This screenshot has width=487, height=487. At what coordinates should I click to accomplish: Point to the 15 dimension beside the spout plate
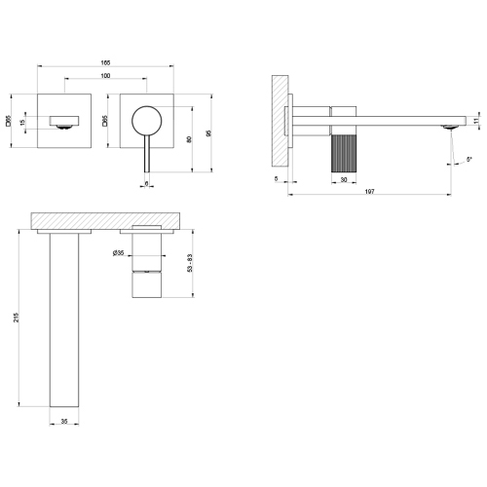pos(21,123)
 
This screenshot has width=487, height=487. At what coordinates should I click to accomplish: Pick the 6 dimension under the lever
pos(147,181)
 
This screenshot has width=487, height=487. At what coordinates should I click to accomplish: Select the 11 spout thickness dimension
pos(477,121)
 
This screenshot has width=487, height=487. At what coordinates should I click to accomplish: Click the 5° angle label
pos(469,159)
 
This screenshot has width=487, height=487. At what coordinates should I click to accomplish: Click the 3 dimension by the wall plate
pos(278,179)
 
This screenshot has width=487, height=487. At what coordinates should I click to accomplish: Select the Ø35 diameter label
pos(119,255)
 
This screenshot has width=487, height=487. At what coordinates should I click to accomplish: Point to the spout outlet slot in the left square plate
pos(64,123)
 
